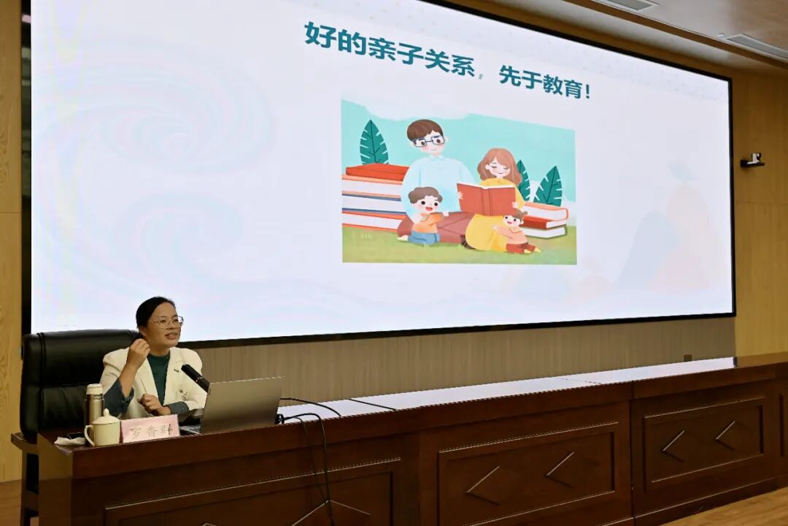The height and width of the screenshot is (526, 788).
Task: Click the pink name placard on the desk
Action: (x=150, y=429)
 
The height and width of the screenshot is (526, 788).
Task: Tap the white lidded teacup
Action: (x=103, y=428)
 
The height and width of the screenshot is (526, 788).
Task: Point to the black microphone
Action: (x=195, y=377)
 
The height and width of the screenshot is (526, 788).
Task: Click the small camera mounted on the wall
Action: (x=752, y=160)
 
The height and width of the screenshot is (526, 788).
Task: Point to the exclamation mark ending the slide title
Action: (x=587, y=92)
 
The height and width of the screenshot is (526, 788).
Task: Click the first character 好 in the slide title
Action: (x=320, y=35)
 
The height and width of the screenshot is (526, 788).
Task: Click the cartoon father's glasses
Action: (x=429, y=141)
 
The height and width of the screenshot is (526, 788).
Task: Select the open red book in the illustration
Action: (x=487, y=199)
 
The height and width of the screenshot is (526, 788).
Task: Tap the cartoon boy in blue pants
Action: (x=425, y=216)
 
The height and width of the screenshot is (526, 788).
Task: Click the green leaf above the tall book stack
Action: (x=374, y=143)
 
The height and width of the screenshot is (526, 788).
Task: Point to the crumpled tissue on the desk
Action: (x=70, y=441)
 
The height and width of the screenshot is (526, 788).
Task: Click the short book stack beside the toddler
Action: (x=545, y=220)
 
